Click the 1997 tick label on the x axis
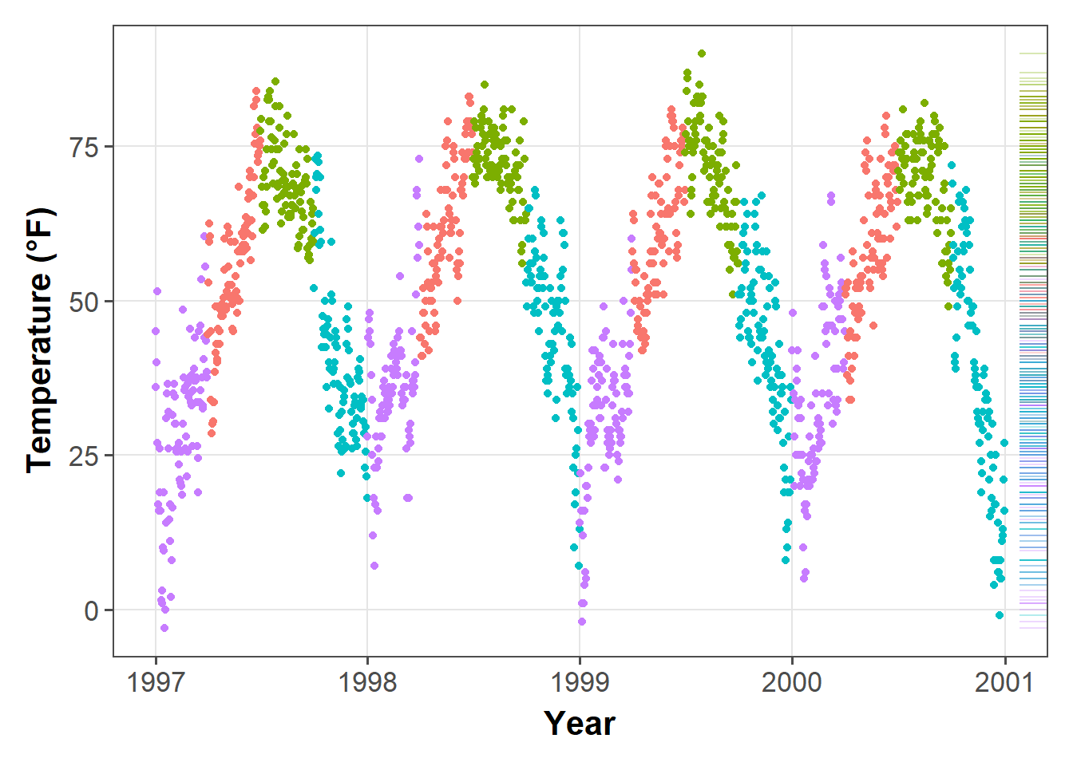[x=156, y=682]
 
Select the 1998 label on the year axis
[x=367, y=682]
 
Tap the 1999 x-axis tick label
[x=580, y=682]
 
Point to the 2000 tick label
[x=792, y=682]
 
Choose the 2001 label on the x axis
[x=1004, y=682]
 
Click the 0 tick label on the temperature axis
[x=92, y=611]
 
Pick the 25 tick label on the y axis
[x=85, y=456]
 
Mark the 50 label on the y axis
[x=85, y=302]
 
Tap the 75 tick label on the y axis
[x=85, y=148]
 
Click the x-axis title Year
[x=580, y=724]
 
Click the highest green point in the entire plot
[x=702, y=53]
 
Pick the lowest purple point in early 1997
[x=164, y=628]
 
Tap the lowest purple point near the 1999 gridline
[x=582, y=622]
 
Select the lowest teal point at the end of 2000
[x=1000, y=615]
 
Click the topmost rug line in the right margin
[x=1033, y=53]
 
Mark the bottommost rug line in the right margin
[x=1033, y=628]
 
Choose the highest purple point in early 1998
[x=419, y=159]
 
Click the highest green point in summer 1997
[x=275, y=81]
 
